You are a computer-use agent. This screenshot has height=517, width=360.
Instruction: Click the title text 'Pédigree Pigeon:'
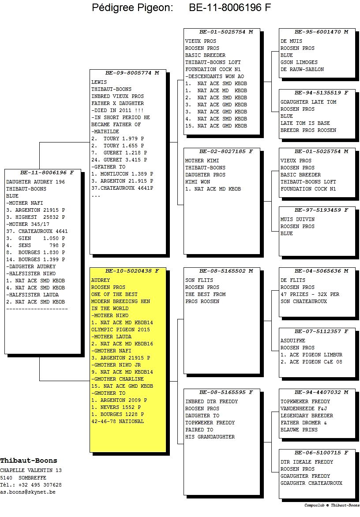[132, 8]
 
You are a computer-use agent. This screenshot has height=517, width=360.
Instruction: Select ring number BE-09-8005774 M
[132, 73]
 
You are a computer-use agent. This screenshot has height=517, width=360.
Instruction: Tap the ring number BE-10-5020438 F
[132, 271]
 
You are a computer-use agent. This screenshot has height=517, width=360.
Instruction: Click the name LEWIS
[99, 82]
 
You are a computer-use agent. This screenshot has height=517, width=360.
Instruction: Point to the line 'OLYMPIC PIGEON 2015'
[120, 330]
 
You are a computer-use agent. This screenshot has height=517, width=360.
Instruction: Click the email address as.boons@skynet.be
[28, 492]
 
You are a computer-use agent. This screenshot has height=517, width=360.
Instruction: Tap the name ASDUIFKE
[293, 341]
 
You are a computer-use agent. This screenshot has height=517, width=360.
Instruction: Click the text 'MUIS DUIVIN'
[297, 219]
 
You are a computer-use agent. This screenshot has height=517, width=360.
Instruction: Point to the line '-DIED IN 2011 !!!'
[117, 110]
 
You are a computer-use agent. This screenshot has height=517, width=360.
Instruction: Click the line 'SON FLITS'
[199, 280]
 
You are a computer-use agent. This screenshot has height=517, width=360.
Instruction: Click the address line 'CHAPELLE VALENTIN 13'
[30, 470]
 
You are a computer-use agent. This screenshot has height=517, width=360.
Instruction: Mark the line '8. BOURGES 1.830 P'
[36, 253]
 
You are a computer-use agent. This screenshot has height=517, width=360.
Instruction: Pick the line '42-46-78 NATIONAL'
[117, 421]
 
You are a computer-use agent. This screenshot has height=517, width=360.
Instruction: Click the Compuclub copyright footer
[332, 505]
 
